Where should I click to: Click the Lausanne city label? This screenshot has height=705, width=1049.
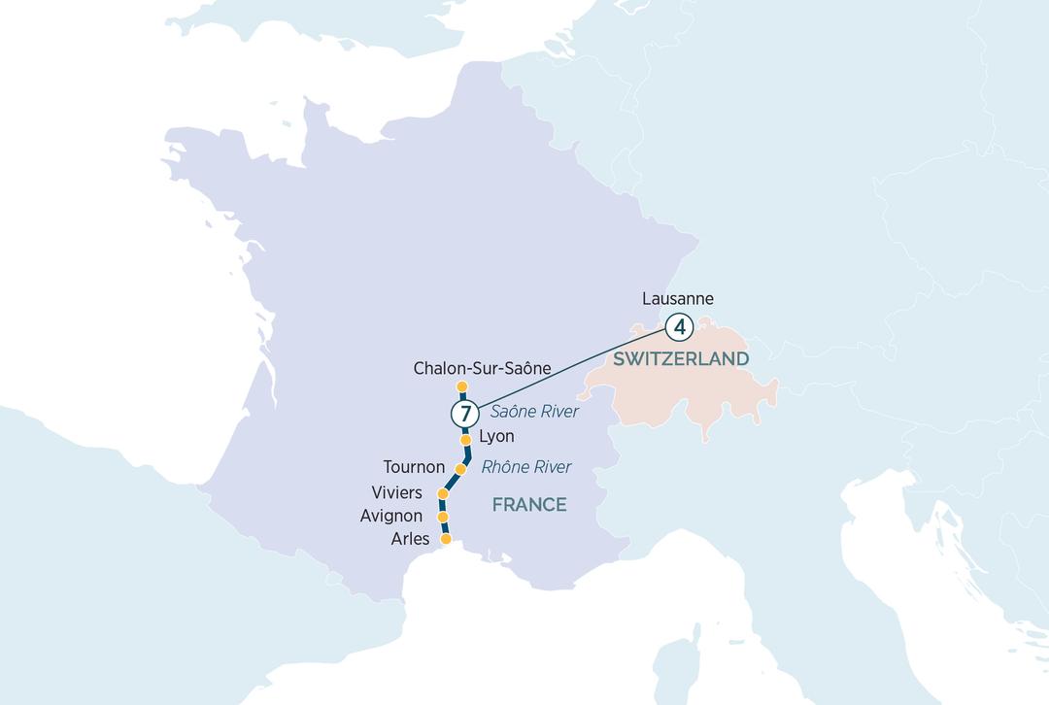click(678, 299)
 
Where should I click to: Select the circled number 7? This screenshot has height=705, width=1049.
click(465, 414)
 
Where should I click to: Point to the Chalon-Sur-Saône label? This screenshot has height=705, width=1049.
click(482, 369)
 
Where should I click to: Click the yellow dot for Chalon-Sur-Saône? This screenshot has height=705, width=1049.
click(462, 387)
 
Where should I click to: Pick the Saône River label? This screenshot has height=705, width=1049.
click(534, 412)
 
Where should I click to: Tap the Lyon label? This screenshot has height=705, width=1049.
click(496, 437)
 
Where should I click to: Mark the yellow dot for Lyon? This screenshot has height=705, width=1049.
click(465, 440)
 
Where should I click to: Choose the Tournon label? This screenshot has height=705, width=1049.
click(414, 467)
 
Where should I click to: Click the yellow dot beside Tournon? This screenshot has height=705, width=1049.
click(461, 469)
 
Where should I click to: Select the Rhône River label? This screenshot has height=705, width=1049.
click(526, 467)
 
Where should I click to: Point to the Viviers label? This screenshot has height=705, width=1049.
click(396, 493)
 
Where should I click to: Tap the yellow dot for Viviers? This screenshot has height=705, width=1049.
click(443, 494)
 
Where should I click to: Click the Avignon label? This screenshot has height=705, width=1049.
click(390, 517)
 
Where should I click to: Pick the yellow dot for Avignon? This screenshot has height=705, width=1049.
click(443, 518)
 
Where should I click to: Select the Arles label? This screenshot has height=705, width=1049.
click(409, 539)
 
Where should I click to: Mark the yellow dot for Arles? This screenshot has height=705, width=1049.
click(446, 539)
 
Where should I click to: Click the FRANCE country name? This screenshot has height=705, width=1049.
click(528, 505)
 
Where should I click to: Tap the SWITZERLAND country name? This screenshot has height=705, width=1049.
click(680, 359)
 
